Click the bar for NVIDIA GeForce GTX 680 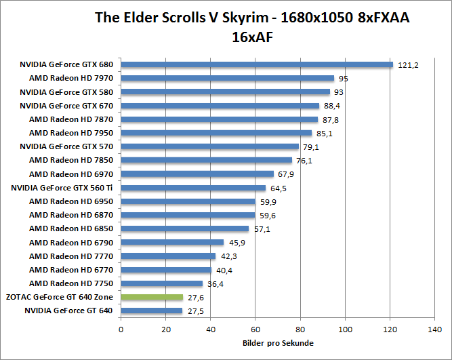click(257, 65)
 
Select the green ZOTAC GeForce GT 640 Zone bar click(152, 297)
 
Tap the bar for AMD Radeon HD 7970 click(228, 79)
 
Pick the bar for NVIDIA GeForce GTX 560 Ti click(193, 188)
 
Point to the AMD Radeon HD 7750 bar click(162, 283)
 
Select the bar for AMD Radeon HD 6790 click(172, 242)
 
